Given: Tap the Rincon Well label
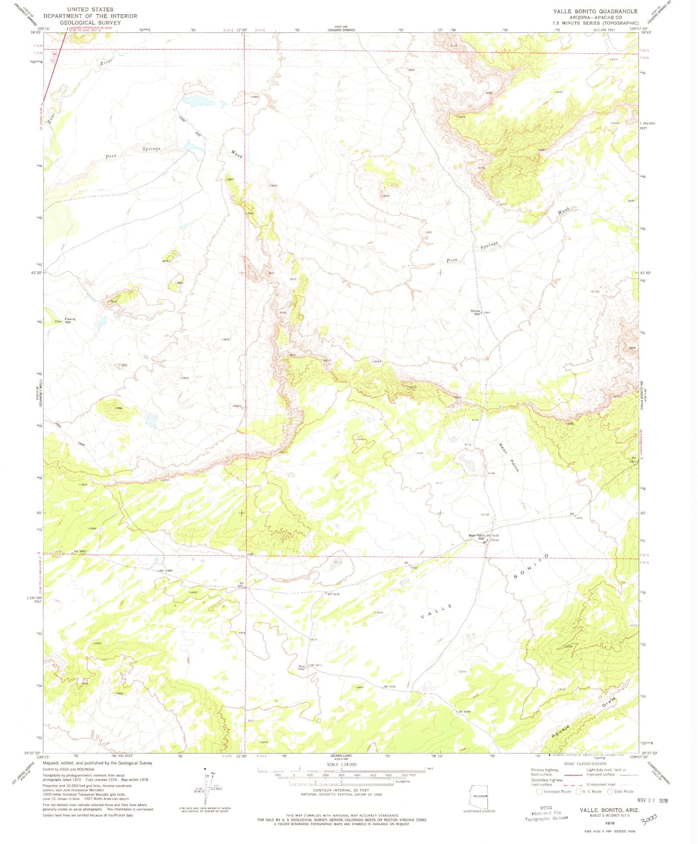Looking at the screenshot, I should [475, 312].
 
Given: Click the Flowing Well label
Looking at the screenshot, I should [70, 320].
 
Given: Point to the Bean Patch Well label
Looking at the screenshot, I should [476, 537].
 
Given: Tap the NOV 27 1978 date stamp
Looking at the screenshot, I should [652, 800].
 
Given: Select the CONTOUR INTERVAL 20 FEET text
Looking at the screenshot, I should [341, 790].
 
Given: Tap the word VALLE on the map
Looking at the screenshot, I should [436, 612].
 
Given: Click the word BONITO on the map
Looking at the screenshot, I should [530, 567].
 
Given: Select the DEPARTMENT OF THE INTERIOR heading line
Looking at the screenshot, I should [90, 16].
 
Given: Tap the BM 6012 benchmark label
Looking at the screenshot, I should [316, 665].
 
